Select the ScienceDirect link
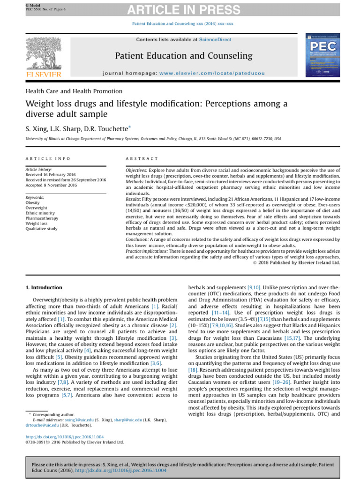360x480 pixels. click(x=215, y=40)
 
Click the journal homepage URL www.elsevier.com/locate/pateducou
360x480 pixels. click(x=212, y=74)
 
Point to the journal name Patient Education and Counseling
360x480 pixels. click(x=184, y=56)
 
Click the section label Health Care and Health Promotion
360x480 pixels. click(x=74, y=91)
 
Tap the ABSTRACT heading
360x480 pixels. click(x=142, y=159)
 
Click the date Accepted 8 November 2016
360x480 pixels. click(x=52, y=185)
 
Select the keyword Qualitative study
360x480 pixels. click(x=42, y=229)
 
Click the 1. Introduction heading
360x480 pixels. click(x=43, y=287)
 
